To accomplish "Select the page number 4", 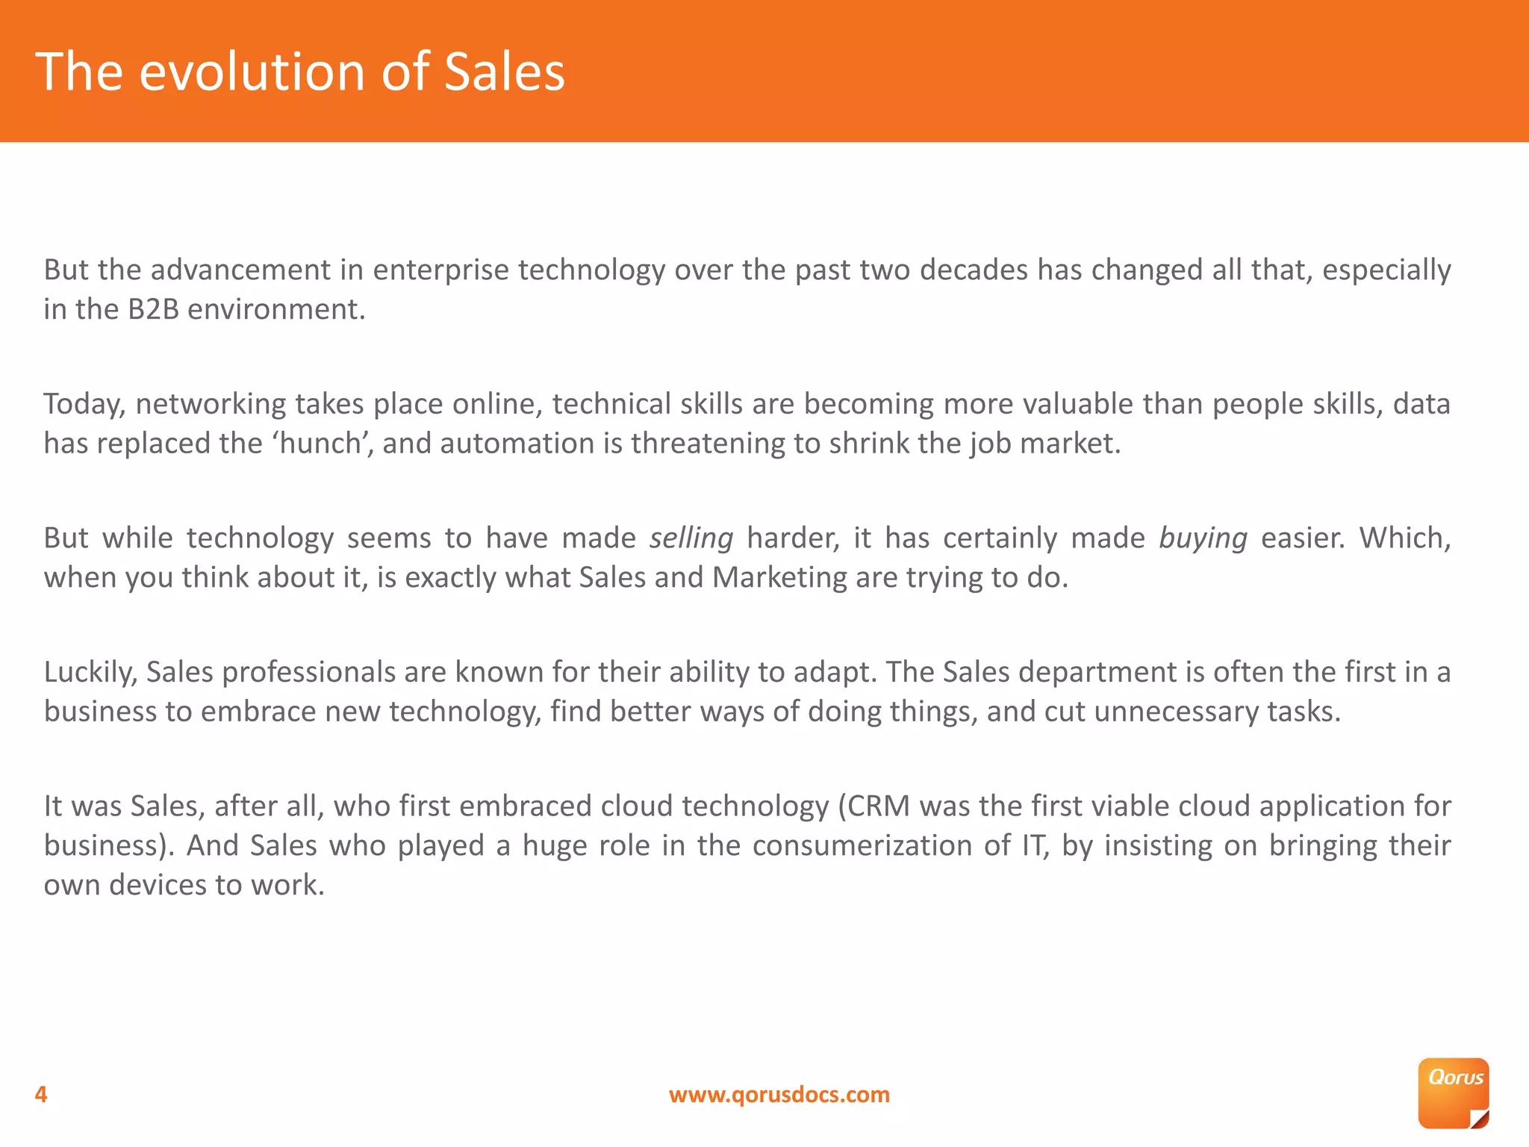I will [41, 1095].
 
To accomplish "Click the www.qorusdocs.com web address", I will [779, 1095].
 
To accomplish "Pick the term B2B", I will [153, 310].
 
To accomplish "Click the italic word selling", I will [691, 538].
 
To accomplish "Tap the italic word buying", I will [1203, 538].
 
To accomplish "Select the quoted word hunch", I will [321, 444].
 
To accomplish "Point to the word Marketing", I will [779, 578].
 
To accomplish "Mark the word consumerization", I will [862, 846].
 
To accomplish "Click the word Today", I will [84, 404].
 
